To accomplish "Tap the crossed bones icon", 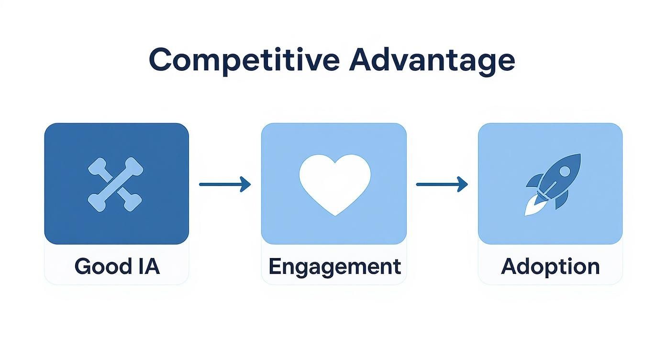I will pyautogui.click(x=116, y=184).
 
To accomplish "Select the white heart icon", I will pyautogui.click(x=334, y=183).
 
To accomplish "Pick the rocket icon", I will pyautogui.click(x=554, y=183).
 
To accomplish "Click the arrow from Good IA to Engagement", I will pyautogui.click(x=224, y=184).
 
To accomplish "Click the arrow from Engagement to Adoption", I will pyautogui.click(x=442, y=184).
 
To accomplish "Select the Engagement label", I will pyautogui.click(x=334, y=267).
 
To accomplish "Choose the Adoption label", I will pyautogui.click(x=550, y=266).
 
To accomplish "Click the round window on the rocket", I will pyautogui.click(x=565, y=171).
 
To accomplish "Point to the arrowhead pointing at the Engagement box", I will pyautogui.click(x=246, y=184).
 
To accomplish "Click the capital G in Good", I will pyautogui.click(x=83, y=266).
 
